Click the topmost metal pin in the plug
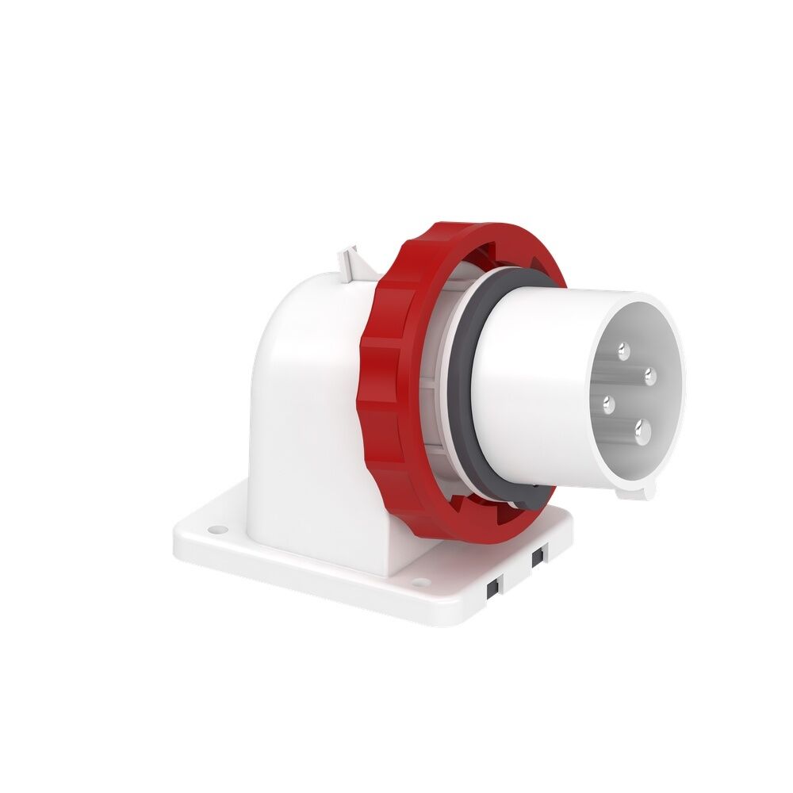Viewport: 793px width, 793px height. (623, 347)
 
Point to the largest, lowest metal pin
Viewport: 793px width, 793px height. (642, 431)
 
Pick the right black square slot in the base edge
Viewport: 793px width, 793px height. (537, 557)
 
